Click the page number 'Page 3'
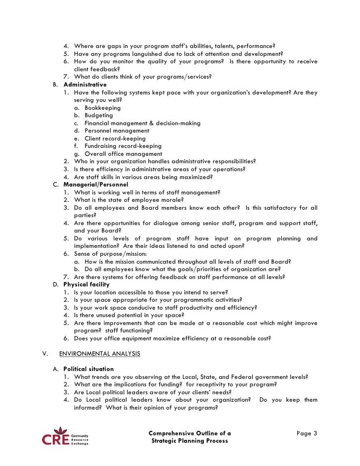tap(307, 433)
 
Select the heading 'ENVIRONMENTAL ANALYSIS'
tap(99, 353)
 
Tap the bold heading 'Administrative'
tap(85, 85)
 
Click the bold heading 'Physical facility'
tap(87, 284)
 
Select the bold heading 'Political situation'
tap(89, 369)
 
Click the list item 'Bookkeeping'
tap(102, 107)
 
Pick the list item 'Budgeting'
tap(99, 115)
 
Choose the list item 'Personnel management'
tap(117, 131)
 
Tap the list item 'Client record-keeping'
tap(115, 139)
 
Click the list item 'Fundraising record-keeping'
tap(123, 146)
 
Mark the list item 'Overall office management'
tap(123, 154)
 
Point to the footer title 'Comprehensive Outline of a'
tap(190, 433)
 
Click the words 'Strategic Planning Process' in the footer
tap(190, 441)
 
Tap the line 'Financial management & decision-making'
tap(142, 123)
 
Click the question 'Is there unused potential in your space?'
tap(129, 315)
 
